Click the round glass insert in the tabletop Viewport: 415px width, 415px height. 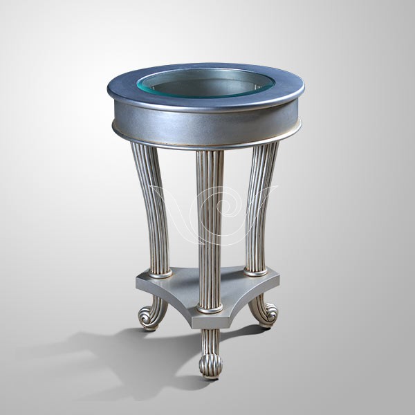(x=205, y=83)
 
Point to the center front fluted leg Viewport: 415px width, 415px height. (x=210, y=228)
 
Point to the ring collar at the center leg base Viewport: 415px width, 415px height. (x=210, y=308)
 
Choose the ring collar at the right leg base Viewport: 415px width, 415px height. (x=255, y=271)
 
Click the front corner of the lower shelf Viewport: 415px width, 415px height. (x=207, y=320)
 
